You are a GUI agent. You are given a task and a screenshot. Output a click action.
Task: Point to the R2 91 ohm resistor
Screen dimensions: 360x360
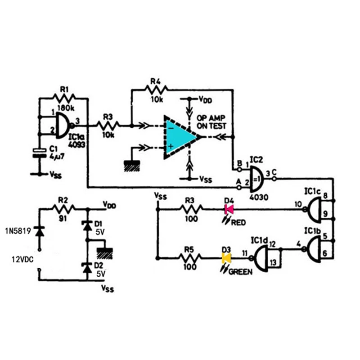63,208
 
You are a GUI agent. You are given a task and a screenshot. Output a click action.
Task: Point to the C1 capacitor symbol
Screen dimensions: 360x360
40,153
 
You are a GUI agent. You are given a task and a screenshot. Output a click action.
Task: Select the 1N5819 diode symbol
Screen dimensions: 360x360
39,231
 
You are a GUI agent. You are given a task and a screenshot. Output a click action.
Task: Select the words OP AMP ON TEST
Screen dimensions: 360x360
211,121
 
